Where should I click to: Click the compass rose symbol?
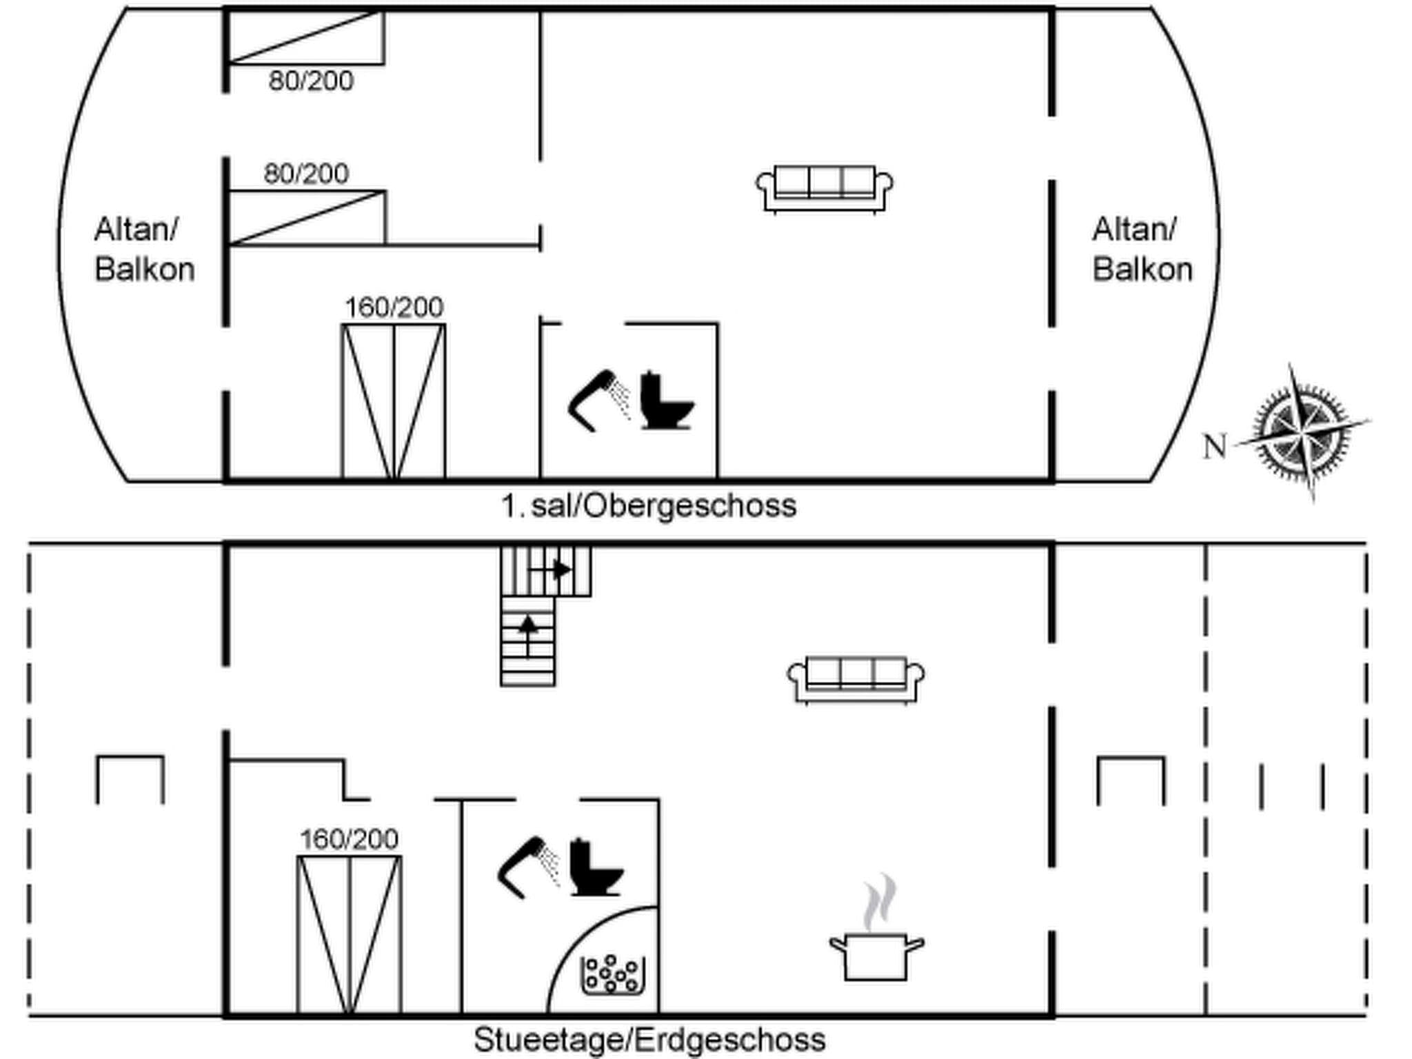[x=1301, y=433]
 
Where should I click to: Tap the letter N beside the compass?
[x=1216, y=446]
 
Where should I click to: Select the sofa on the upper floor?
[x=825, y=189]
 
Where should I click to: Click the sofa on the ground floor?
[x=856, y=680]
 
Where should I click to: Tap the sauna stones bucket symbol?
[x=612, y=975]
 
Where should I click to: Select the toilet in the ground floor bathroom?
[x=596, y=867]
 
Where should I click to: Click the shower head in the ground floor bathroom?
[x=528, y=867]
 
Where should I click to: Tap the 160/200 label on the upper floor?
[x=394, y=307]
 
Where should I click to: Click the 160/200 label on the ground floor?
[x=349, y=839]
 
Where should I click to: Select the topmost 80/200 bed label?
[x=311, y=81]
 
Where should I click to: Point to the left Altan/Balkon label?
[x=145, y=249]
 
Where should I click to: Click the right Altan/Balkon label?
[x=1142, y=249]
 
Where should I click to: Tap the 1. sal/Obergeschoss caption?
[x=649, y=506]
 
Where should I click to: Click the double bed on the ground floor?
[x=350, y=935]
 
